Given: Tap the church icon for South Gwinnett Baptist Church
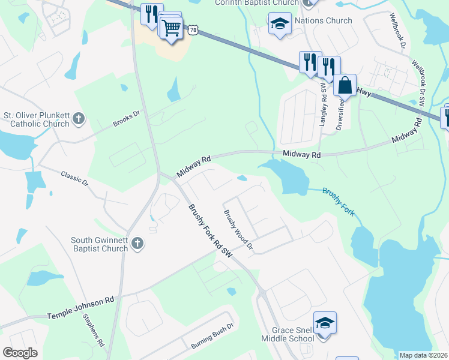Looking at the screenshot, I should click(137, 244).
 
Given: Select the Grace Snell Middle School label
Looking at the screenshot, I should click(287, 334).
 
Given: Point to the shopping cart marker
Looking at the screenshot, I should click(172, 27).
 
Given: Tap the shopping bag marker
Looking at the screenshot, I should click(345, 86).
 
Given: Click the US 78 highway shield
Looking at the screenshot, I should click(192, 29).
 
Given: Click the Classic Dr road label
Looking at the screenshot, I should click(74, 178).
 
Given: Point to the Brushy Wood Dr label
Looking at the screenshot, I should click(239, 230).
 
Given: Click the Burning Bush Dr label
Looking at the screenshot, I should click(211, 339).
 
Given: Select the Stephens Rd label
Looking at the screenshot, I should click(94, 329).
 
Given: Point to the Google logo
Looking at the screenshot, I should click(20, 353).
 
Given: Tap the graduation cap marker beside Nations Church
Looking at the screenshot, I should click(279, 24).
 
